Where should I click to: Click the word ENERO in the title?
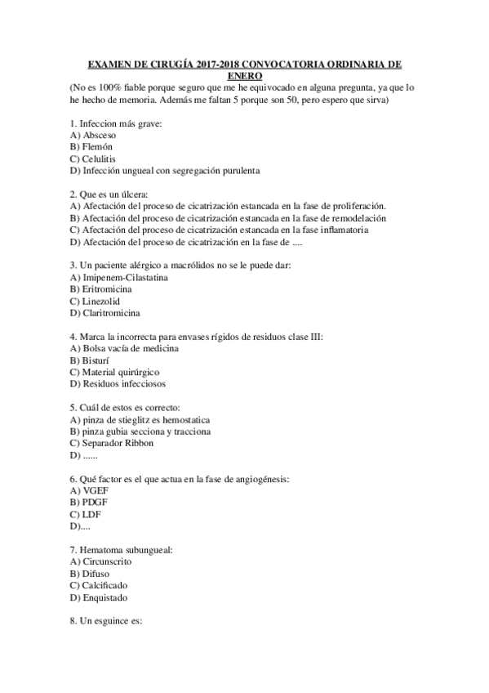tap(244, 74)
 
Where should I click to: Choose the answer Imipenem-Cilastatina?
tap(119, 278)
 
